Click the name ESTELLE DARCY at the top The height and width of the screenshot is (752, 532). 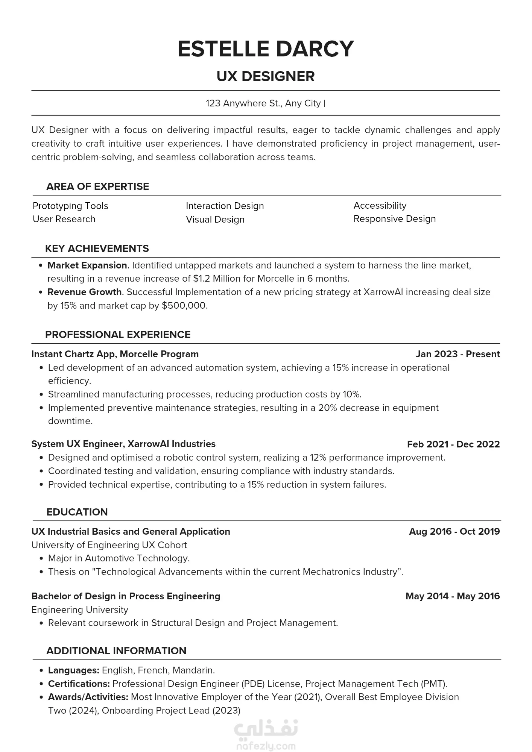[266, 49]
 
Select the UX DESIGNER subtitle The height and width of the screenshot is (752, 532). [266, 76]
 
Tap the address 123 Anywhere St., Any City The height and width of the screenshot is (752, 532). [263, 103]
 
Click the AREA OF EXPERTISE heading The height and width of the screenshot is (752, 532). [97, 186]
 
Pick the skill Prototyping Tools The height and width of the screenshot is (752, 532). [70, 206]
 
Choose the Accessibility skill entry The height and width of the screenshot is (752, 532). [380, 206]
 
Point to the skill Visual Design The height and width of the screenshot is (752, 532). [215, 220]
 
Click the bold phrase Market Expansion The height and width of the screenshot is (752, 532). [87, 265]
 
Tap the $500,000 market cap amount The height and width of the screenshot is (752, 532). [184, 306]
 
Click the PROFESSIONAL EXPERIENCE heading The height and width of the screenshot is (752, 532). [118, 335]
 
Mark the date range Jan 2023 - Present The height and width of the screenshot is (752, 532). [458, 354]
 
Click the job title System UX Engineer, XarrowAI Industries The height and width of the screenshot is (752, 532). [123, 444]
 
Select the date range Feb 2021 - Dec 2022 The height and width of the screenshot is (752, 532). [453, 444]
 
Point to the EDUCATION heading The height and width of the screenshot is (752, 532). [77, 512]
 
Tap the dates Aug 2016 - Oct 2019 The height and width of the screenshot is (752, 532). [454, 532]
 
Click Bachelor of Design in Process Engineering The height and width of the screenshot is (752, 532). [126, 596]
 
